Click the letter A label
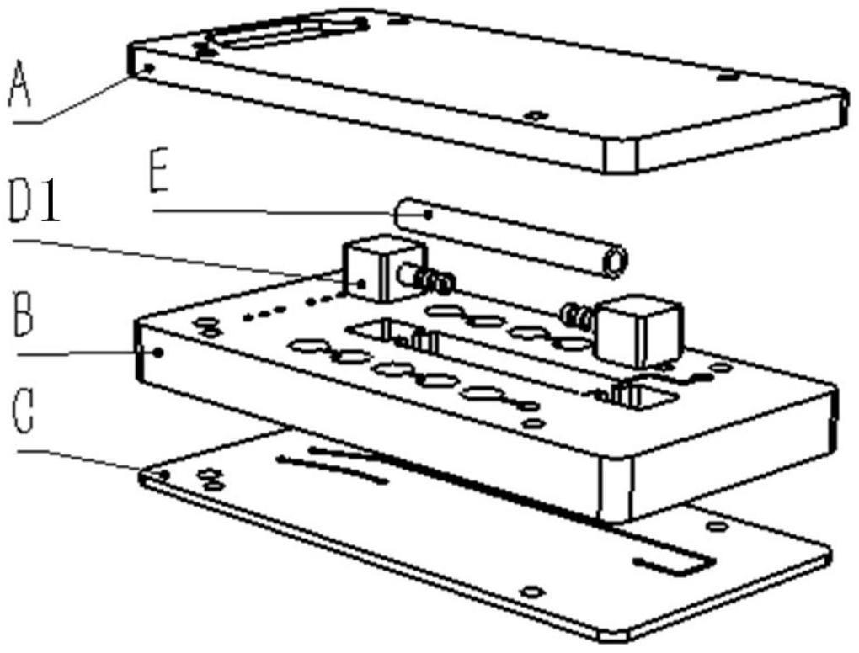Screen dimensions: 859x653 20,84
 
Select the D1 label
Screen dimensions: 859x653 35,204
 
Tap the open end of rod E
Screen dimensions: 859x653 615,263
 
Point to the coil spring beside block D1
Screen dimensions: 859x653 436,281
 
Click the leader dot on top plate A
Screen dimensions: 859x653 147,67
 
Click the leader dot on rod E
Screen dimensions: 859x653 429,215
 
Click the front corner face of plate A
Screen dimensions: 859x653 622,156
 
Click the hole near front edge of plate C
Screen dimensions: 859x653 531,592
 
